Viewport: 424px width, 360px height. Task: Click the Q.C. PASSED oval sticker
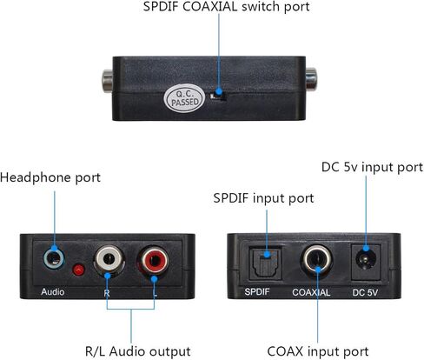point(184,98)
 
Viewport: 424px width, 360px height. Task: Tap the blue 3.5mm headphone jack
point(54,258)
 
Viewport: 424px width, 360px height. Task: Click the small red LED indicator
point(78,270)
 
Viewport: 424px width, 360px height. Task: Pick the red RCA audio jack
point(154,260)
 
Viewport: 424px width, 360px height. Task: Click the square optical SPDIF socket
point(266,263)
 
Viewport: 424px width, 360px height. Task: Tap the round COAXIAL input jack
point(317,260)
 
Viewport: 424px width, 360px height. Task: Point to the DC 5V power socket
point(366,262)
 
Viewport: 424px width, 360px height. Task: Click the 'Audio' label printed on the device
point(53,291)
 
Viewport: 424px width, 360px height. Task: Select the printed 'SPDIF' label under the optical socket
point(257,291)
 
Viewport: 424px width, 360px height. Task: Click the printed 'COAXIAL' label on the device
point(311,292)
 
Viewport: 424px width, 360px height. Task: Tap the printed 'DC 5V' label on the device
point(365,292)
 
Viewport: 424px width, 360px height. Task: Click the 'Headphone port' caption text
point(50,177)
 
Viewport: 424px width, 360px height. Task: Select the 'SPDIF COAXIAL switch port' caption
point(226,7)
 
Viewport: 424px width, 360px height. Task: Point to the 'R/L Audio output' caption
point(138,351)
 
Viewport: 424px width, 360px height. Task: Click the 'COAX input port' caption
point(318,351)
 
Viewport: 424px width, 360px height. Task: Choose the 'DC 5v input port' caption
point(372,167)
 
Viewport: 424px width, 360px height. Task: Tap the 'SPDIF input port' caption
point(263,198)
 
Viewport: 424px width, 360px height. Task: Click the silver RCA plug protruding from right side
point(311,79)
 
